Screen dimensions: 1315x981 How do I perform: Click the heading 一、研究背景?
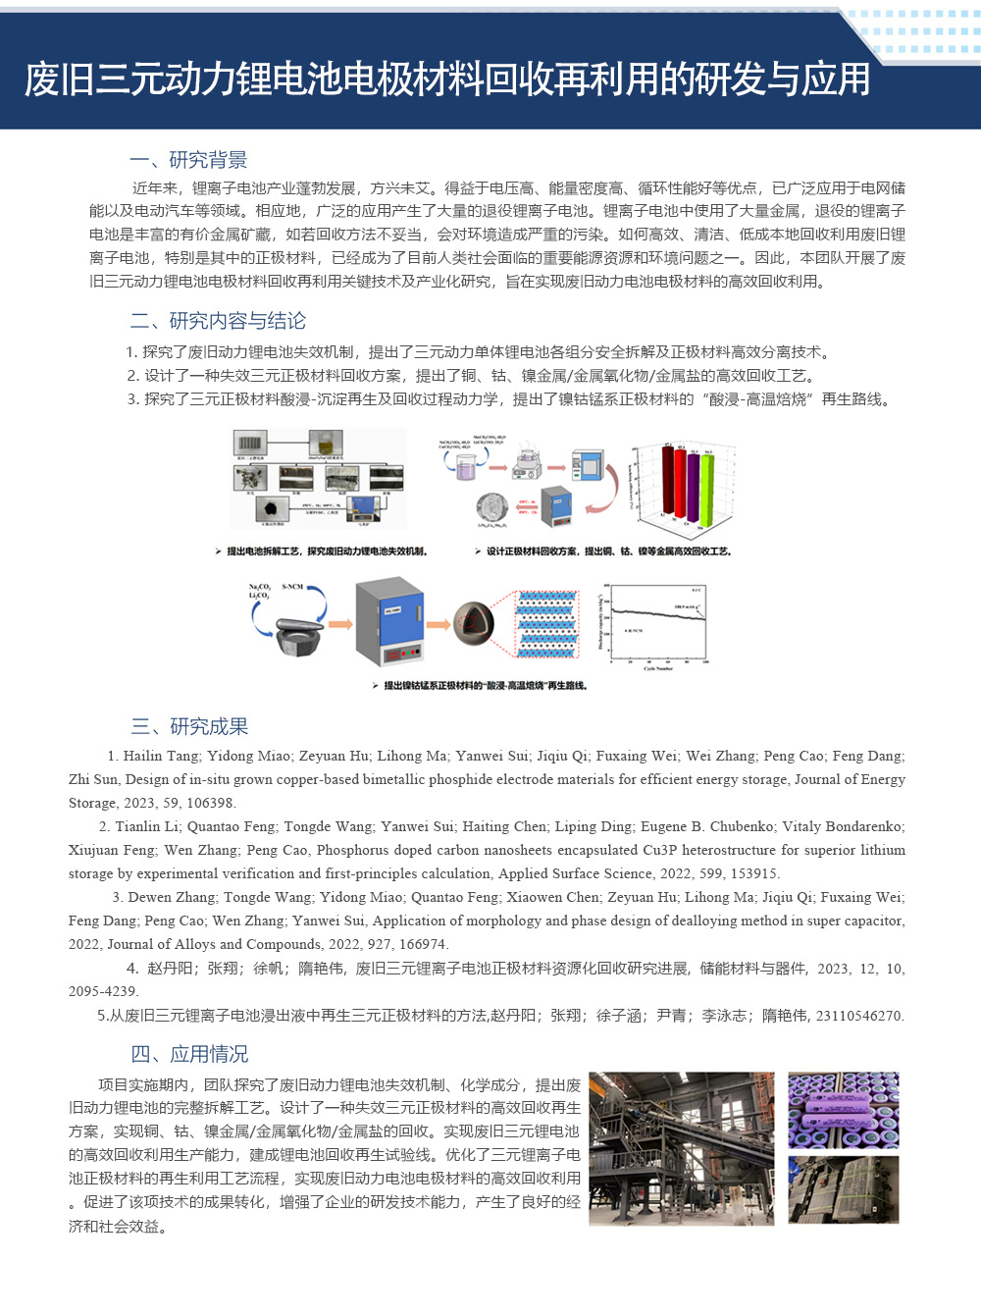click(x=188, y=160)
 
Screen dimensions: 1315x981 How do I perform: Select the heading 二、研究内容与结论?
click(x=218, y=321)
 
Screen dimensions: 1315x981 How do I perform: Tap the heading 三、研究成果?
click(x=189, y=726)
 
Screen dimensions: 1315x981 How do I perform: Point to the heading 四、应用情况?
click(x=189, y=1054)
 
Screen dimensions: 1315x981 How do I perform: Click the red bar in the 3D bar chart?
click(x=669, y=481)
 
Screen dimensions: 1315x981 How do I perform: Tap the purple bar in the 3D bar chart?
click(x=694, y=486)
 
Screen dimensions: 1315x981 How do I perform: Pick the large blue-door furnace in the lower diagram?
click(x=389, y=621)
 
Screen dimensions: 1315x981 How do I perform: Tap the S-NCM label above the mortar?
click(x=292, y=587)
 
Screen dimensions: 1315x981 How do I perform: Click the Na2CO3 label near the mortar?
click(x=259, y=587)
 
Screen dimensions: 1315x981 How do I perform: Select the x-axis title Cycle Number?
click(x=658, y=668)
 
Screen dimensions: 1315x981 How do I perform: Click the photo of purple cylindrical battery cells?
click(x=843, y=1110)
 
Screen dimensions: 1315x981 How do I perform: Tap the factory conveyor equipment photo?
click(x=681, y=1148)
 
